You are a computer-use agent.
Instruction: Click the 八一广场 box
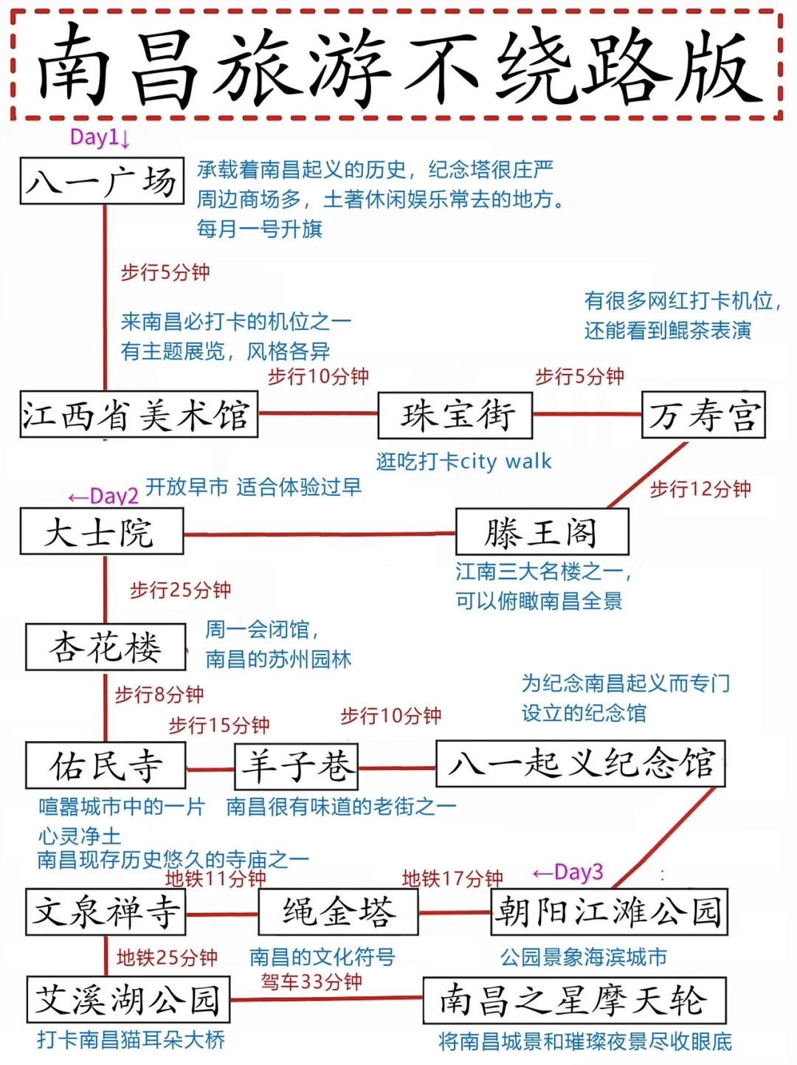(102, 181)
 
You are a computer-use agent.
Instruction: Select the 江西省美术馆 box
(139, 415)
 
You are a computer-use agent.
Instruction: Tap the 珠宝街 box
(455, 415)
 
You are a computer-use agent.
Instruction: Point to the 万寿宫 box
(703, 415)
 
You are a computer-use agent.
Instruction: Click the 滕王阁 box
(542, 532)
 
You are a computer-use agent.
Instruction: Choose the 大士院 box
(101, 532)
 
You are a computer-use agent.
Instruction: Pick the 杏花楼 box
(106, 647)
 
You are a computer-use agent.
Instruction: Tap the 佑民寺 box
(106, 765)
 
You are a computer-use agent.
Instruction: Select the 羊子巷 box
(297, 765)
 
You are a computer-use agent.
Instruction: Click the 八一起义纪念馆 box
(581, 764)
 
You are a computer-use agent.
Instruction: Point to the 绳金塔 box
(339, 912)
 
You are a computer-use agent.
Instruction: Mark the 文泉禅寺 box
(106, 912)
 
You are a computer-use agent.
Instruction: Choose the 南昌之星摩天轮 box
(574, 1001)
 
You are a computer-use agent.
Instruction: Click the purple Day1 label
(100, 137)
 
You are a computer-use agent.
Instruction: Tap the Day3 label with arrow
(568, 872)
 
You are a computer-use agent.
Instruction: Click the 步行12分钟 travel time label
(700, 489)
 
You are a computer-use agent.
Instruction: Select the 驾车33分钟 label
(311, 982)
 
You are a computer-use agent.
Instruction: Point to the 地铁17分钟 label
(452, 878)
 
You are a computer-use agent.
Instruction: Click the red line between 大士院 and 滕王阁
(319, 534)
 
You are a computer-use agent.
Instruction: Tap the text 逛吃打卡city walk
(463, 462)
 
